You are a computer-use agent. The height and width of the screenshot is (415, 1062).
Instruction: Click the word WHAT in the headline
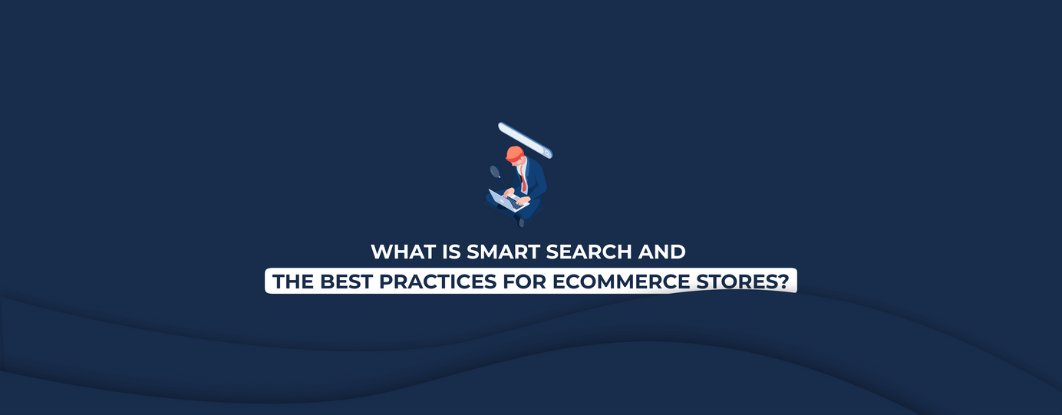[x=404, y=252]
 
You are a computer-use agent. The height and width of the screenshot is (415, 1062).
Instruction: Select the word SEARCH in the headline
[x=589, y=252]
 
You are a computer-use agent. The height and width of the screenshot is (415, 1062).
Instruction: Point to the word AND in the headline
[x=662, y=252]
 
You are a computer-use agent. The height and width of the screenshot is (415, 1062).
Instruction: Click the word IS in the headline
[x=451, y=252]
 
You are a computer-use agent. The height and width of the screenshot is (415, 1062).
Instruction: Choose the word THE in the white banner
[x=293, y=282]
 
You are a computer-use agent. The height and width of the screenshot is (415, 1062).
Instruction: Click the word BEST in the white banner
[x=346, y=282]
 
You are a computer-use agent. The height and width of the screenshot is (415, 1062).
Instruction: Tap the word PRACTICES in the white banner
[x=437, y=282]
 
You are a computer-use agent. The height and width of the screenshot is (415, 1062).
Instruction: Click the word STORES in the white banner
[x=737, y=282]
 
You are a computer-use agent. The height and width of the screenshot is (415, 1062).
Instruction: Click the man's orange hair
[x=515, y=153]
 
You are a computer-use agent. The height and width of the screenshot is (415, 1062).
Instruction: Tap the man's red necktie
[x=523, y=178]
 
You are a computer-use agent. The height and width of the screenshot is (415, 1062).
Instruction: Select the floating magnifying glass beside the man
[x=495, y=172]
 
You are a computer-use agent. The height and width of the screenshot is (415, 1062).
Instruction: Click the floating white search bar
[x=526, y=140]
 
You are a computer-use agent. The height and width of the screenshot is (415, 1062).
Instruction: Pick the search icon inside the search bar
[x=547, y=153]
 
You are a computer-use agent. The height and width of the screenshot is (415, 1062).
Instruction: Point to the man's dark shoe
[x=521, y=222]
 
